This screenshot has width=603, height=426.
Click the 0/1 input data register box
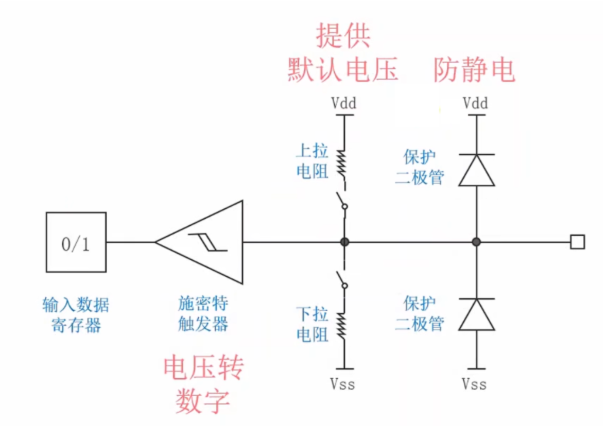point(76,242)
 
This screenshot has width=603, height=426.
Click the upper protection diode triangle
point(476,170)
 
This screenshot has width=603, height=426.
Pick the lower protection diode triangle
point(476,315)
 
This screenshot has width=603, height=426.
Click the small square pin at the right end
point(577,242)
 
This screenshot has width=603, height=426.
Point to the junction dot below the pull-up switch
point(345,242)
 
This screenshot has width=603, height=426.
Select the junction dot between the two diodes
point(476,242)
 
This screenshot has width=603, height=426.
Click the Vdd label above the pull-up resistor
point(344,103)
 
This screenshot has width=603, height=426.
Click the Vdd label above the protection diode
point(475,103)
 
